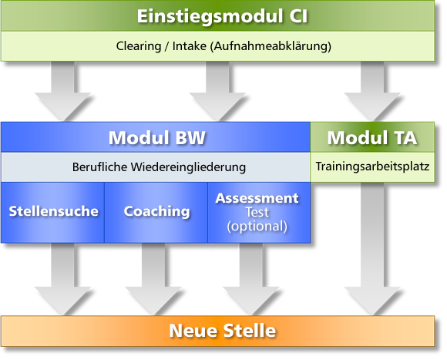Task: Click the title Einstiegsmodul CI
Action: [x=223, y=16]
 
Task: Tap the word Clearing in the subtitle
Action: [x=139, y=46]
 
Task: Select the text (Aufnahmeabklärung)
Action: [x=271, y=46]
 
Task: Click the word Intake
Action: [x=190, y=46]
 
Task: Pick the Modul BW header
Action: [x=156, y=137]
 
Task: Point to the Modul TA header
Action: [x=372, y=137]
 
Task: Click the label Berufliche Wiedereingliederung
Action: [x=159, y=167]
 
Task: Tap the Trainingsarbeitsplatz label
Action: [x=372, y=167]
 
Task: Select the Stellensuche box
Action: [x=53, y=212]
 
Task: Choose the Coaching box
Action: [x=156, y=212]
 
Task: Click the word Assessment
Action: [x=257, y=198]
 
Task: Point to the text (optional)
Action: [x=257, y=227]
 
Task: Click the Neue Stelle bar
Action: [x=218, y=331]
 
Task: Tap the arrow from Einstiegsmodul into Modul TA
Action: [x=372, y=91]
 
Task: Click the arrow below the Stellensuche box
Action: [x=62, y=279]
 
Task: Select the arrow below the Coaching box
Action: [x=153, y=279]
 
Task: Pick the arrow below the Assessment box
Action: [x=251, y=279]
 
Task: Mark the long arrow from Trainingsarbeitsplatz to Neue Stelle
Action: [x=372, y=249]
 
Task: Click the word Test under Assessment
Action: [x=257, y=212]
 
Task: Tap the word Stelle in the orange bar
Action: [x=250, y=331]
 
